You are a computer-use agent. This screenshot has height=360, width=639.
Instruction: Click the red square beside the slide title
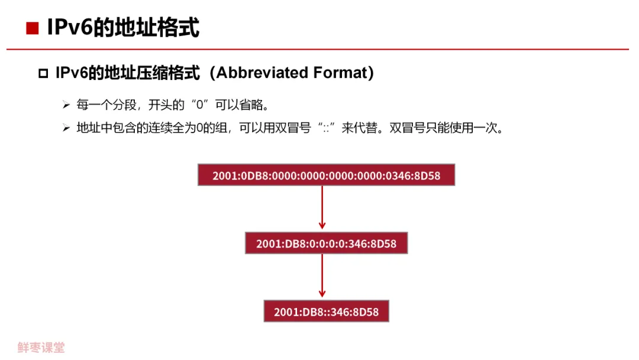tap(32, 28)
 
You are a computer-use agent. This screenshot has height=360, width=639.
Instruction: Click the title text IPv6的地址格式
tap(123, 27)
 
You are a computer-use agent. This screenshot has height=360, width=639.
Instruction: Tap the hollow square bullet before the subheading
tap(43, 73)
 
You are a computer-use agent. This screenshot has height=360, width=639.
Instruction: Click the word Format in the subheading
tap(340, 73)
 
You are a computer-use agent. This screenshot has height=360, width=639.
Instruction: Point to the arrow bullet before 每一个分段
tap(66, 105)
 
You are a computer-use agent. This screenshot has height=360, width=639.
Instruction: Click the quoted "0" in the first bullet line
tap(200, 105)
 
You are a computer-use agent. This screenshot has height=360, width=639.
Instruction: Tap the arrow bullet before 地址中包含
tap(66, 128)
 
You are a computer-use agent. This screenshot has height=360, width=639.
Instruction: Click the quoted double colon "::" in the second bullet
tap(326, 128)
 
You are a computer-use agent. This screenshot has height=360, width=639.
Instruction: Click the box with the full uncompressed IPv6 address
tap(327, 175)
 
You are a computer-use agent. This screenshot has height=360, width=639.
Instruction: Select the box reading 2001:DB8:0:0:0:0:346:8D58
tap(327, 243)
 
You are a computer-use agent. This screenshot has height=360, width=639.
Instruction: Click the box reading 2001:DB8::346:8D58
tap(327, 311)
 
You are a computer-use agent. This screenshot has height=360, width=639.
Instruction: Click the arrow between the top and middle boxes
tap(322, 207)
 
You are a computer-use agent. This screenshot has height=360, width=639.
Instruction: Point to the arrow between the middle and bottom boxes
tap(322, 275)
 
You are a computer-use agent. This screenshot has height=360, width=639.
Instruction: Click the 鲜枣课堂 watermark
tap(41, 348)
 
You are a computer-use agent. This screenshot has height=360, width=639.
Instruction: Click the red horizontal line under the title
tap(318, 49)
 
